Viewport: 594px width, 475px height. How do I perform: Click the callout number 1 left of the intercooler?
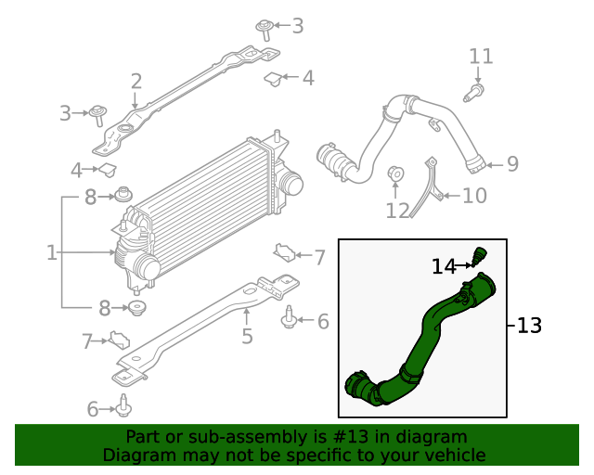click(52, 252)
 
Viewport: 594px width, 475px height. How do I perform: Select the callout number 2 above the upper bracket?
click(136, 82)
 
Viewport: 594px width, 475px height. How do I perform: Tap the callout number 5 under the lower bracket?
click(247, 336)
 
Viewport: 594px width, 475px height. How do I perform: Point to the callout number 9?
click(512, 164)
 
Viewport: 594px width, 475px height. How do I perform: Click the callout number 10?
click(474, 196)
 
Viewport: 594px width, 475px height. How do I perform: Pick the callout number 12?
click(397, 211)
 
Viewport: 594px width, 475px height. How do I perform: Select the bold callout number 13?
click(529, 326)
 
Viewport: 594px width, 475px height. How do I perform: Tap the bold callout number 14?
click(444, 267)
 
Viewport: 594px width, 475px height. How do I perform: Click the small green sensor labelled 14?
click(480, 254)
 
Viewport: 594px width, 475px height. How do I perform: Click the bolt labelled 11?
click(475, 92)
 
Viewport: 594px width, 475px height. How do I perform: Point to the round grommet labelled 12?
click(394, 174)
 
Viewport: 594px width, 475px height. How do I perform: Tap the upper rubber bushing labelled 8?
click(121, 196)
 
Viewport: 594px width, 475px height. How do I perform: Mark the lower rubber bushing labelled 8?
click(136, 308)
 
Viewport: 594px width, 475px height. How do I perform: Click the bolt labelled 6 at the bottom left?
click(123, 406)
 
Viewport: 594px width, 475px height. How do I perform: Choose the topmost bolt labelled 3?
click(264, 28)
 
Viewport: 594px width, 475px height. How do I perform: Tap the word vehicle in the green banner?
click(452, 455)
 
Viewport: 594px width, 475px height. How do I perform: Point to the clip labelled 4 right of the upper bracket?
click(275, 80)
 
